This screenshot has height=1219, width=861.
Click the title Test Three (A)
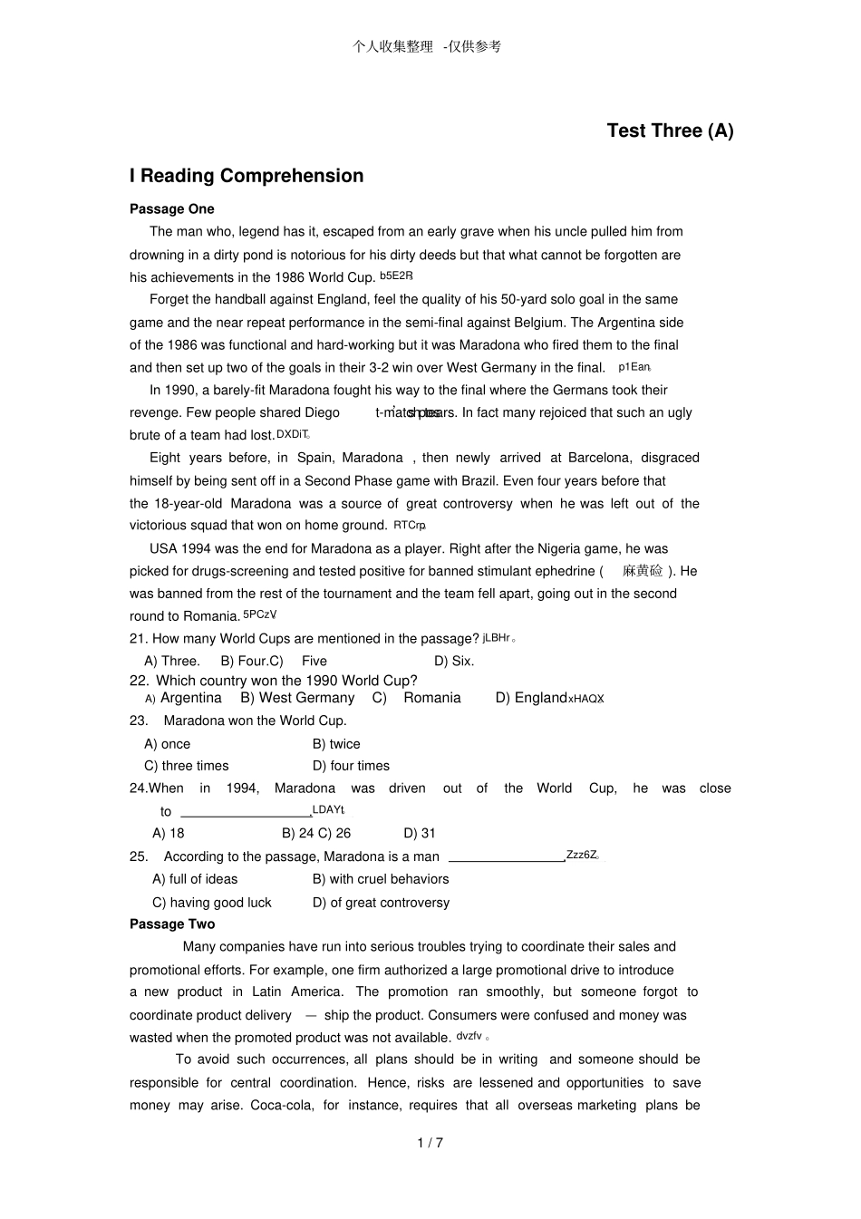(x=670, y=131)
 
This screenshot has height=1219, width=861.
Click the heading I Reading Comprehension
(x=247, y=176)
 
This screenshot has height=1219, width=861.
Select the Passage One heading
(x=172, y=209)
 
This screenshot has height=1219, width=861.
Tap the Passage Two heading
(x=172, y=924)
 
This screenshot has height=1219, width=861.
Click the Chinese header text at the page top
(x=427, y=46)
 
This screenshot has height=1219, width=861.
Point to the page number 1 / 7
(x=430, y=1143)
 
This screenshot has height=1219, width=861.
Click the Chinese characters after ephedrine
(x=643, y=571)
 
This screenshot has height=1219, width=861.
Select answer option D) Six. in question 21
(x=454, y=661)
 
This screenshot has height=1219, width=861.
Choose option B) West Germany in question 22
(x=297, y=698)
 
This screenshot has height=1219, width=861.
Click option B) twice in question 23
(x=336, y=744)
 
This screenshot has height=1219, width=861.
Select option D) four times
(x=351, y=766)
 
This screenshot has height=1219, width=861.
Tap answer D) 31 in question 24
(x=420, y=833)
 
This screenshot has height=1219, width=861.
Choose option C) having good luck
(x=212, y=903)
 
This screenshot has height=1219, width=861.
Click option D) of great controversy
(x=381, y=903)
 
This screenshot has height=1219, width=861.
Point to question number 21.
(x=139, y=639)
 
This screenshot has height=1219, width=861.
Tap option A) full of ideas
(x=195, y=879)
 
